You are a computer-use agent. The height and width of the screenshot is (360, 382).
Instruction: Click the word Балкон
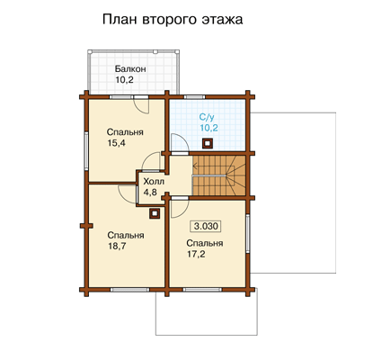[x=130, y=69]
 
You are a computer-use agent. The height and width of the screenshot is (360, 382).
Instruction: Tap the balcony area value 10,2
[x=124, y=80]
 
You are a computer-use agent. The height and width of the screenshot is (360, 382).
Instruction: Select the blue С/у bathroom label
[x=208, y=117]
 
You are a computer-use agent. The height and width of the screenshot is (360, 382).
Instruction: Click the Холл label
[x=154, y=182]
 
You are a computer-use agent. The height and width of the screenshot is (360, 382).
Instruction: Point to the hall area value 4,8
[x=150, y=193]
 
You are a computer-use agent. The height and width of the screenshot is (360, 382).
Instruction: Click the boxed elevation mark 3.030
[x=206, y=226]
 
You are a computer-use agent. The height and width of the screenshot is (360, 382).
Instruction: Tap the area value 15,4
[x=116, y=143]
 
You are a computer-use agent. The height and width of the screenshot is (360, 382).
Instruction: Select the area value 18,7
[x=117, y=246]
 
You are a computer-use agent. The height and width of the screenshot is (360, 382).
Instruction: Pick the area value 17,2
[x=196, y=254]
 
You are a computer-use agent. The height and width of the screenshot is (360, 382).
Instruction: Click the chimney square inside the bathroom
[x=207, y=143]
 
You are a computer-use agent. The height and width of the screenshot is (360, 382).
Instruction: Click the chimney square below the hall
[x=155, y=213]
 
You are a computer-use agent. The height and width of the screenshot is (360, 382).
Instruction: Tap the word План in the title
[x=120, y=20]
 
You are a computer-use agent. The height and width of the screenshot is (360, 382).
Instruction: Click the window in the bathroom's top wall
[x=194, y=97]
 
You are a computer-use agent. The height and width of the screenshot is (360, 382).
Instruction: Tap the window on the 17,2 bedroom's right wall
[x=247, y=233]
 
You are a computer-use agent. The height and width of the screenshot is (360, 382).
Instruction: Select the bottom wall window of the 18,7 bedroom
[x=129, y=290]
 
